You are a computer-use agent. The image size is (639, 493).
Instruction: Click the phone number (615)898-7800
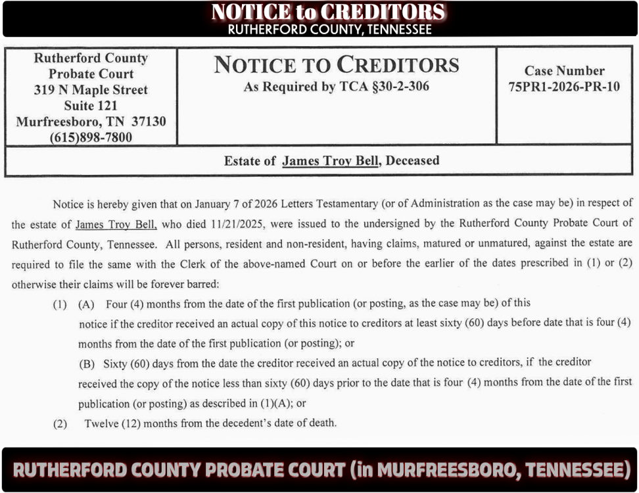(91, 137)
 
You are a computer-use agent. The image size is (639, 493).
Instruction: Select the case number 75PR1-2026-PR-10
(564, 87)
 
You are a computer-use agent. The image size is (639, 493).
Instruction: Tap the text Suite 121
(91, 105)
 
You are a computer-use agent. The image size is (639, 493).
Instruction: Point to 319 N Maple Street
(91, 89)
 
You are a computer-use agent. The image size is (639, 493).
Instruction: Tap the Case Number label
(564, 70)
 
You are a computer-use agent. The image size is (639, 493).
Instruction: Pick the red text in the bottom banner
(321, 470)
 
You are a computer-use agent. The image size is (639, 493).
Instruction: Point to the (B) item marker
(87, 363)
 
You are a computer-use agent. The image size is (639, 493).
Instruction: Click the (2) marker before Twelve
(60, 424)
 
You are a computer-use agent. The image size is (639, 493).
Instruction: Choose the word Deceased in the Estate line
(413, 160)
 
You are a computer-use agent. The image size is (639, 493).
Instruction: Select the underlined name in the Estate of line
(331, 160)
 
